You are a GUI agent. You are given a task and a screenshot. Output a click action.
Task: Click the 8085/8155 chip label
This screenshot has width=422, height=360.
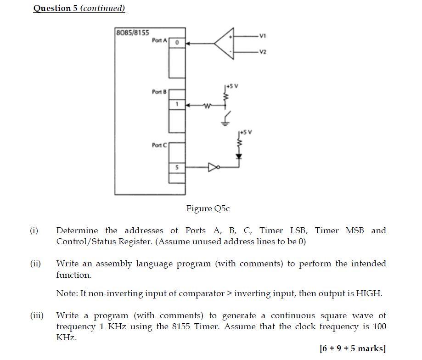132,33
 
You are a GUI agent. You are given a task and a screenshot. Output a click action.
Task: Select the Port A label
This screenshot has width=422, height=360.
159,41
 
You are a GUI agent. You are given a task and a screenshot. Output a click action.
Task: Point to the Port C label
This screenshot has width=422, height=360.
159,145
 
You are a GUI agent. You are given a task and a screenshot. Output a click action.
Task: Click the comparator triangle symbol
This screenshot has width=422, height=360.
225,44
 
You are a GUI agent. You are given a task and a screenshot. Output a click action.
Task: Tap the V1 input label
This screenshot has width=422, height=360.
262,36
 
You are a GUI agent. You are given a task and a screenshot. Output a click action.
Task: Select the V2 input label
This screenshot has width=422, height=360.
262,51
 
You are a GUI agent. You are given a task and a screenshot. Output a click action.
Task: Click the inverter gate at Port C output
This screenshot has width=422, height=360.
214,168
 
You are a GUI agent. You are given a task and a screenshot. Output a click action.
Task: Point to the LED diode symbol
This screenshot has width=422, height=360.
239,156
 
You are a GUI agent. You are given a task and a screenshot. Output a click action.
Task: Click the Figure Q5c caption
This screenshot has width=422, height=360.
208,208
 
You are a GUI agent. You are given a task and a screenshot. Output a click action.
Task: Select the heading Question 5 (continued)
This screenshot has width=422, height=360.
79,8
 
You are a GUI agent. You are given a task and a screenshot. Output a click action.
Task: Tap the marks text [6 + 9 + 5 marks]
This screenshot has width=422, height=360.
353,349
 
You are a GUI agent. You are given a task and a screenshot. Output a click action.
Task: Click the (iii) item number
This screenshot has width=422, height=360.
37,315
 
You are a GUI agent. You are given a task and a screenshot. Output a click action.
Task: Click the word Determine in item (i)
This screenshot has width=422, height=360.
77,231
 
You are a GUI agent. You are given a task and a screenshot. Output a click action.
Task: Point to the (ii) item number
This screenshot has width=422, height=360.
35,264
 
